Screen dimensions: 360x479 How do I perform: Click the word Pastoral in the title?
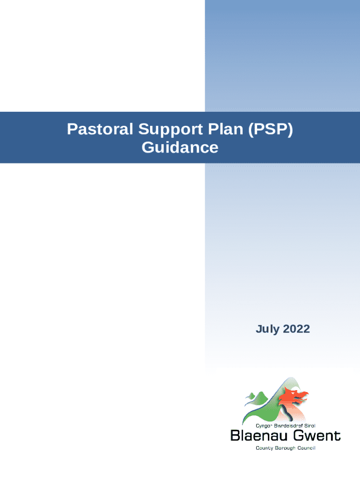click(100, 129)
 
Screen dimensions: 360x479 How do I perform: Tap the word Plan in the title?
click(226, 129)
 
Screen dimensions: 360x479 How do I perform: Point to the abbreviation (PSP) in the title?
click(271, 130)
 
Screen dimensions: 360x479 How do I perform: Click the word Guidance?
click(180, 147)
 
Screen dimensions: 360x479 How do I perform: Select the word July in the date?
click(267, 329)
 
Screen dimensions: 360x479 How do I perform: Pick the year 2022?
click(296, 329)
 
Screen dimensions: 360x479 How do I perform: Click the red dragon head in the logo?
click(295, 397)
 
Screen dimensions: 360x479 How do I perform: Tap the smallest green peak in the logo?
click(251, 396)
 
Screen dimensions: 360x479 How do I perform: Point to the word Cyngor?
click(264, 426)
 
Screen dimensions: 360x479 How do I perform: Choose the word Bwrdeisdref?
click(288, 426)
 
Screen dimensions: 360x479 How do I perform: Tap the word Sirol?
click(310, 426)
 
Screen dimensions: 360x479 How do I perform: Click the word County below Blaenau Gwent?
click(265, 448)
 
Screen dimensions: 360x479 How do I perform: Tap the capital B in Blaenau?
click(236, 435)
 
